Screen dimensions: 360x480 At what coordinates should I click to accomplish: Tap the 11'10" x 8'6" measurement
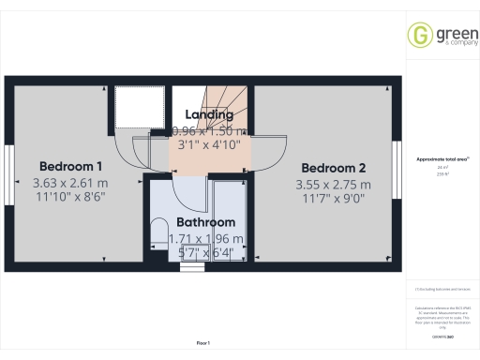pyautogui.click(x=69, y=200)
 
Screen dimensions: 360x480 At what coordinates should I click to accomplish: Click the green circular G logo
pyautogui.click(x=419, y=35)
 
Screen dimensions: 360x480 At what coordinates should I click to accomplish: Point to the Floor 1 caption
pyautogui.click(x=203, y=344)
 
